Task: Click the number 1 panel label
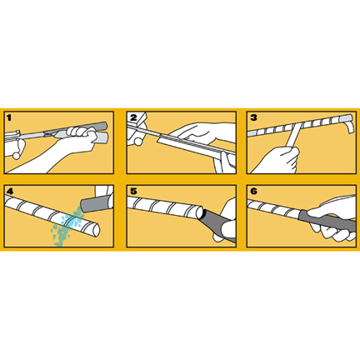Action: (9, 117)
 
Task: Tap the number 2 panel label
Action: (133, 117)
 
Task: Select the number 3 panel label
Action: (253, 117)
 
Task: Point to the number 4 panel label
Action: (10, 191)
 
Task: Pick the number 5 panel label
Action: (133, 191)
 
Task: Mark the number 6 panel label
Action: (253, 191)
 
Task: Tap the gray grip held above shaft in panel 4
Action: (96, 204)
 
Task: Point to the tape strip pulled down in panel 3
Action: (293, 136)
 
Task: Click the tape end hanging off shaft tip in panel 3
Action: (349, 125)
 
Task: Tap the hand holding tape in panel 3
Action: (277, 160)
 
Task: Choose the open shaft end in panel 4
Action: (96, 230)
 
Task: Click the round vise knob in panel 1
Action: (17, 156)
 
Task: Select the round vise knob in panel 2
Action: (138, 142)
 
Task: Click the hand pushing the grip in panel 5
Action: (226, 219)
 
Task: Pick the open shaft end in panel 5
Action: (199, 212)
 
